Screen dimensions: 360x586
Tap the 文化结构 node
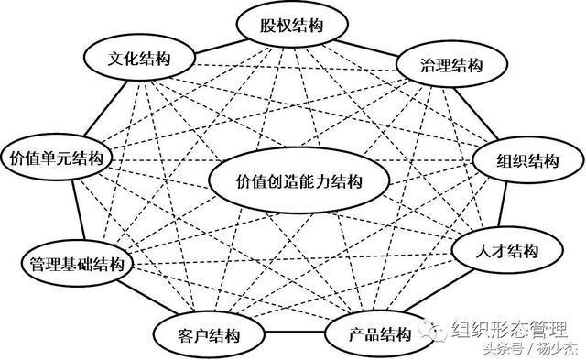[139, 59]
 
